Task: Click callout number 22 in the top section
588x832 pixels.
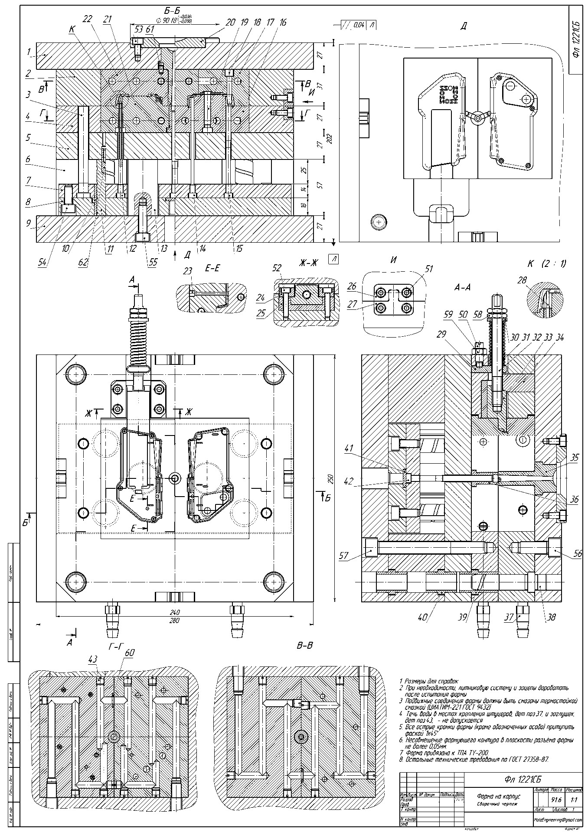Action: tap(88, 19)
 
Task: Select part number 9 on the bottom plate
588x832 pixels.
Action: tap(28, 224)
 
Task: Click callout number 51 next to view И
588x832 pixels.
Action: tap(429, 269)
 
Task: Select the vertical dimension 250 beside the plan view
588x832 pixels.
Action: tap(330, 479)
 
